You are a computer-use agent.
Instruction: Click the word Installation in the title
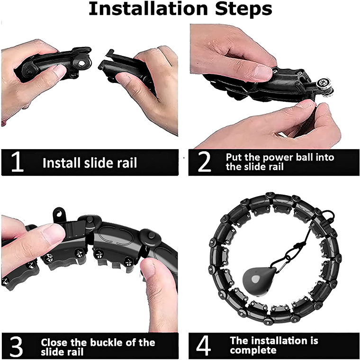point(148,9)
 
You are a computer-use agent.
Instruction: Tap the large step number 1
point(18,162)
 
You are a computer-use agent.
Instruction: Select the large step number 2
point(204,162)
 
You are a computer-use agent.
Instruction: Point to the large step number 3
point(16,346)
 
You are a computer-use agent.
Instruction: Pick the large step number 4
point(203,345)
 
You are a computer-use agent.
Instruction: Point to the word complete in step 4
point(253,351)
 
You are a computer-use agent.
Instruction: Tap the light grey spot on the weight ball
point(255,279)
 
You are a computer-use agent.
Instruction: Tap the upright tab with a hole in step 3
point(60,215)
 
